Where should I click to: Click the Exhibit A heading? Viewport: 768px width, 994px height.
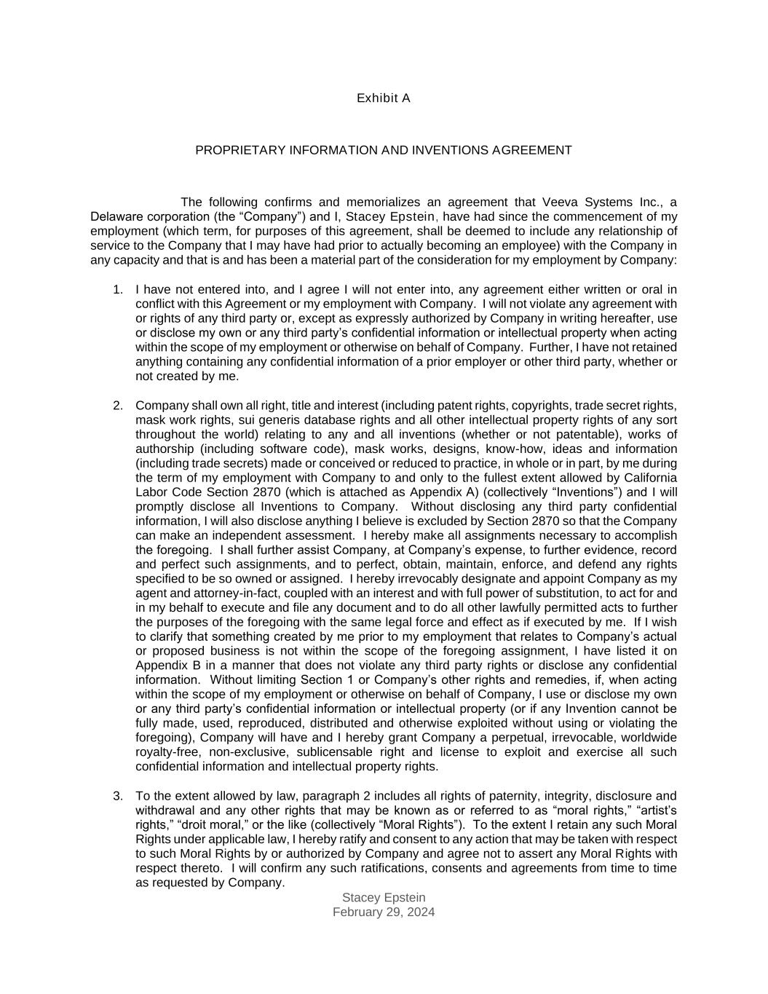(x=383, y=98)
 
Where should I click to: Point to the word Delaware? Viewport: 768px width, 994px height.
(x=116, y=217)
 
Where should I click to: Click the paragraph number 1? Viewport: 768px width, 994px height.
(x=118, y=290)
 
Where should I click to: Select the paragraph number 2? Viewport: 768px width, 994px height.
(x=118, y=406)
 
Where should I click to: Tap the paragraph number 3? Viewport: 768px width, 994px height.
(x=118, y=796)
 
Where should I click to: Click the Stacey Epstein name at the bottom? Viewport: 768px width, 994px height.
(x=384, y=898)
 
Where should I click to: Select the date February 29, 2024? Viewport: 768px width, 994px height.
(x=384, y=912)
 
